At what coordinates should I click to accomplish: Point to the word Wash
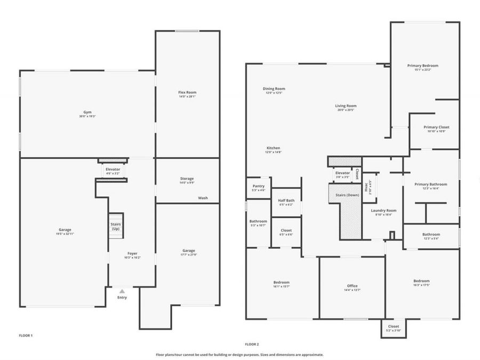(203, 198)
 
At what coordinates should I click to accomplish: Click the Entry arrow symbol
(122, 291)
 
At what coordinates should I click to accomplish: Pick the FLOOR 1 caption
(26, 335)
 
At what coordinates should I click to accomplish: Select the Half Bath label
(286, 202)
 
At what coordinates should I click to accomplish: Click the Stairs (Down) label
(347, 195)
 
